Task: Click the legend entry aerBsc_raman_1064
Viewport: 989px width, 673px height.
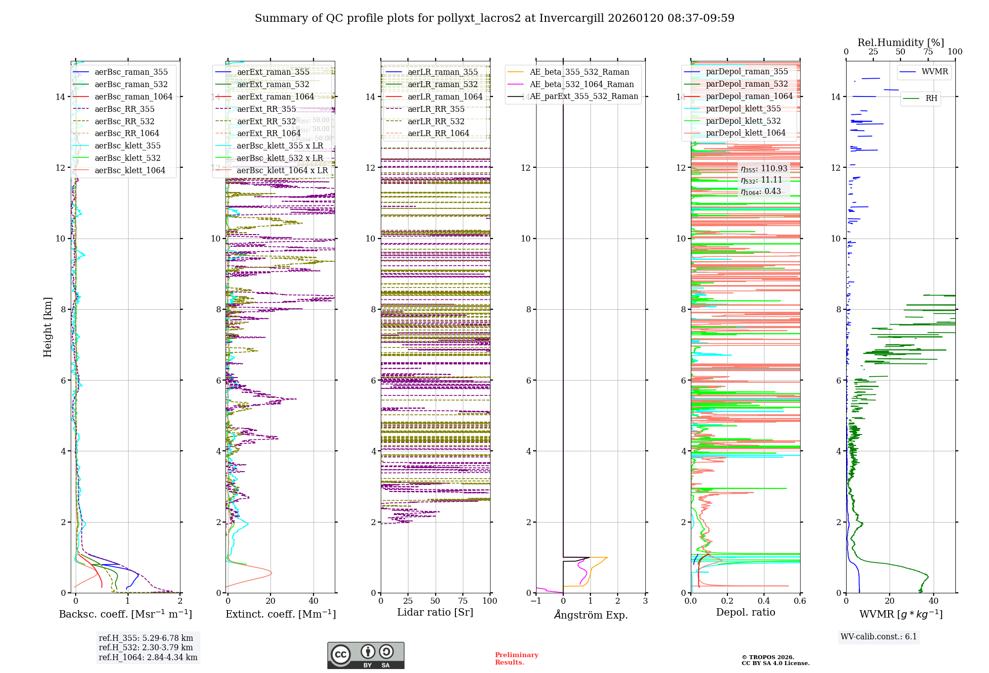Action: [134, 97]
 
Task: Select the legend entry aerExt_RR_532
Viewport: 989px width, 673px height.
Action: [266, 122]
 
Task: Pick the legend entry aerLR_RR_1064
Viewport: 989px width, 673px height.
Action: [438, 134]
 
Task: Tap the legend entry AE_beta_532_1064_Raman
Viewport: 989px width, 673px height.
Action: [582, 85]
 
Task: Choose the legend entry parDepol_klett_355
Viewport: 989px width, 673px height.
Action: [743, 109]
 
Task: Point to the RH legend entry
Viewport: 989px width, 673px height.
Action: [931, 98]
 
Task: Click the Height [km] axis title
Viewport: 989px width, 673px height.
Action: [47, 327]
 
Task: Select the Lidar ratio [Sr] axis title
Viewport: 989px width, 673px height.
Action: [435, 613]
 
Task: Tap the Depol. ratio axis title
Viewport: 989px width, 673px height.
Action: [745, 613]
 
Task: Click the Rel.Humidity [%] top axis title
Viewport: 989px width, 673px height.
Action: [900, 43]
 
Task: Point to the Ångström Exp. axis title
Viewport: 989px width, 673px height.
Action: [591, 615]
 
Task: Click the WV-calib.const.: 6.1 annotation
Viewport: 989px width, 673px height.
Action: [879, 637]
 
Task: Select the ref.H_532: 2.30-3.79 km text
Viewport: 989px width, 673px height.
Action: [146, 648]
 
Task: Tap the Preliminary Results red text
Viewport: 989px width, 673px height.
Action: [516, 659]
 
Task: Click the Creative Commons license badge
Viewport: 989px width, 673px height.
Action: [365, 656]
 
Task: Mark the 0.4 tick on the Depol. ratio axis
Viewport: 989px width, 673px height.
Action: [764, 601]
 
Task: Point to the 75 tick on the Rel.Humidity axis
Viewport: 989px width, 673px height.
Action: [928, 52]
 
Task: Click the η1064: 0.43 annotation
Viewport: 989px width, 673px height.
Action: [761, 192]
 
